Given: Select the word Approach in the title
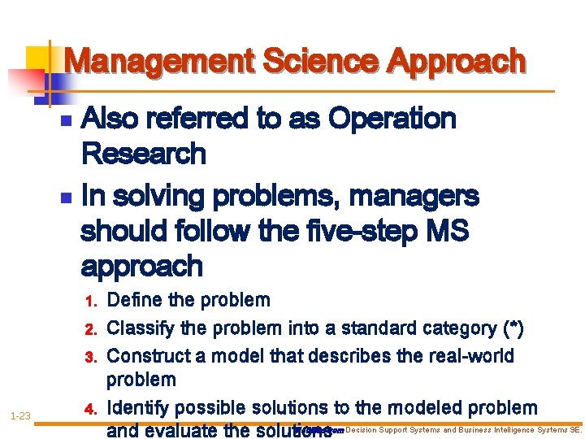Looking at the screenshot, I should (x=457, y=61).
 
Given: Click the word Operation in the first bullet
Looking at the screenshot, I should (x=392, y=119).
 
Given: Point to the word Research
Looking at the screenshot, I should (x=144, y=154).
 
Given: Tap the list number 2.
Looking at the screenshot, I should (x=91, y=330).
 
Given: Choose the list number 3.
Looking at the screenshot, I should (x=91, y=358).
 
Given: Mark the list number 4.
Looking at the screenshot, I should (x=91, y=408).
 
